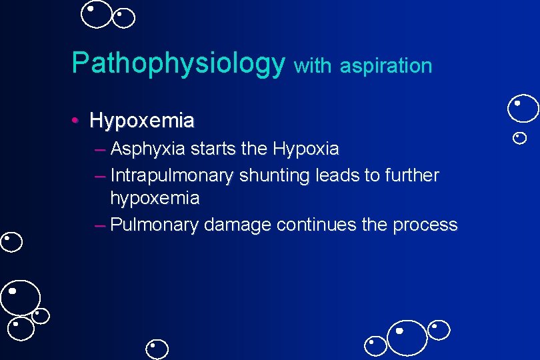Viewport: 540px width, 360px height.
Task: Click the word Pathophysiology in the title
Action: (178, 63)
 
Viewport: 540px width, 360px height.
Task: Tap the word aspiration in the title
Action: (386, 65)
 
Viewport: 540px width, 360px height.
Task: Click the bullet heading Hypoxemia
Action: (142, 121)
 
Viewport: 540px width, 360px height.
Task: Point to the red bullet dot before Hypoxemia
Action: (77, 121)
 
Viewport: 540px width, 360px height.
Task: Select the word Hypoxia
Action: (305, 148)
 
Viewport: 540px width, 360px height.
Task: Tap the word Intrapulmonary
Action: (172, 175)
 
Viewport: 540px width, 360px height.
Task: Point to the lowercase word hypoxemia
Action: (155, 198)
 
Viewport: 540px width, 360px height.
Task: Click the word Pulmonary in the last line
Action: (155, 225)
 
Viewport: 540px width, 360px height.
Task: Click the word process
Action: (425, 225)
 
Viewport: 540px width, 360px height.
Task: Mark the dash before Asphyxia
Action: (100, 149)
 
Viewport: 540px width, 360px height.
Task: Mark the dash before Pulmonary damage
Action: (100, 225)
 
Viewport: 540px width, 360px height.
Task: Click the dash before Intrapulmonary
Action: (100, 176)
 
